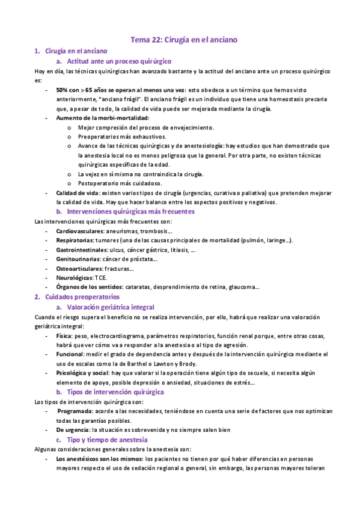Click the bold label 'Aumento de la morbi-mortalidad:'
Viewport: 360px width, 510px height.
[99, 118]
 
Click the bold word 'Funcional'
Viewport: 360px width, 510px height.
[70, 354]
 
